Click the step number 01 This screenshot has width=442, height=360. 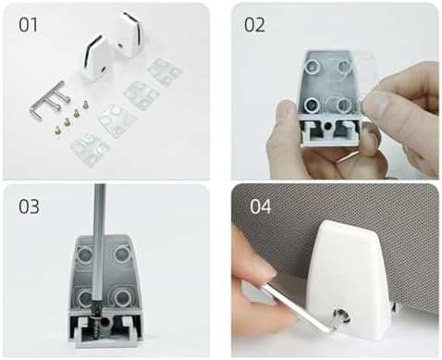[28, 25]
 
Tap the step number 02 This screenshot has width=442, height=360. [254, 25]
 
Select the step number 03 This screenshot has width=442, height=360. [29, 206]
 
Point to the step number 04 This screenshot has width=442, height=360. [261, 206]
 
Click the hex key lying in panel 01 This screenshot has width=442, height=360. [49, 100]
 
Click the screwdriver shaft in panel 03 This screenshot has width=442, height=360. [99, 247]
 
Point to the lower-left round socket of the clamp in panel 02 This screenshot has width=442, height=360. [312, 106]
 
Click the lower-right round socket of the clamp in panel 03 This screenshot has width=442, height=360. [122, 297]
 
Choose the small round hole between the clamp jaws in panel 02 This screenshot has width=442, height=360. [328, 125]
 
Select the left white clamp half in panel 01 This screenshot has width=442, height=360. [94, 57]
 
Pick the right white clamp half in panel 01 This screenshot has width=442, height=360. [127, 35]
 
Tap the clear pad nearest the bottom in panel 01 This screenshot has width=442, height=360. [90, 149]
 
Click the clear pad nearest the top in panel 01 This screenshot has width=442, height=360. [164, 73]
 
